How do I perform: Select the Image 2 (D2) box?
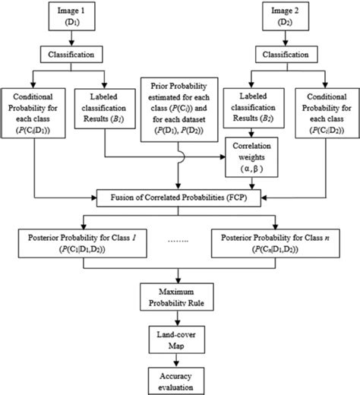pos(286,16)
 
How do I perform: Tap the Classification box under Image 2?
pos(286,55)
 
